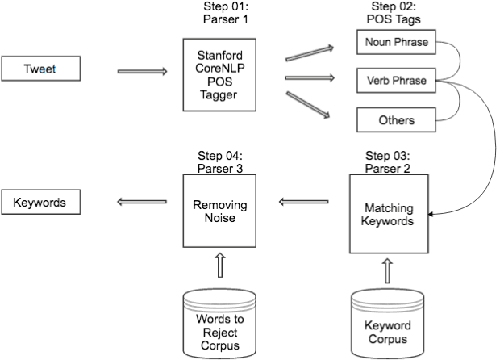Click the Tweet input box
point(42,69)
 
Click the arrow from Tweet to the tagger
point(142,71)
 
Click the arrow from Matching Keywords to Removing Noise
point(303,202)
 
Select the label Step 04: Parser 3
point(219,161)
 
